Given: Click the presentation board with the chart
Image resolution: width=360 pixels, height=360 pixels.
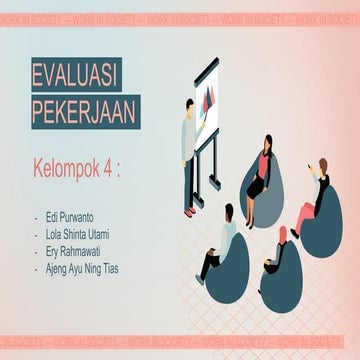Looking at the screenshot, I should tap(211, 99).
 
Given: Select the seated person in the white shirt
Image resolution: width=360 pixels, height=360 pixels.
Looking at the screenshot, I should tap(223, 240).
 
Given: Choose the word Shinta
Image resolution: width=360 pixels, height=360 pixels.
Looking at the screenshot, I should tap(85, 234).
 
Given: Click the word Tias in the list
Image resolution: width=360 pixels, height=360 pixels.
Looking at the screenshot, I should tap(127, 268).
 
